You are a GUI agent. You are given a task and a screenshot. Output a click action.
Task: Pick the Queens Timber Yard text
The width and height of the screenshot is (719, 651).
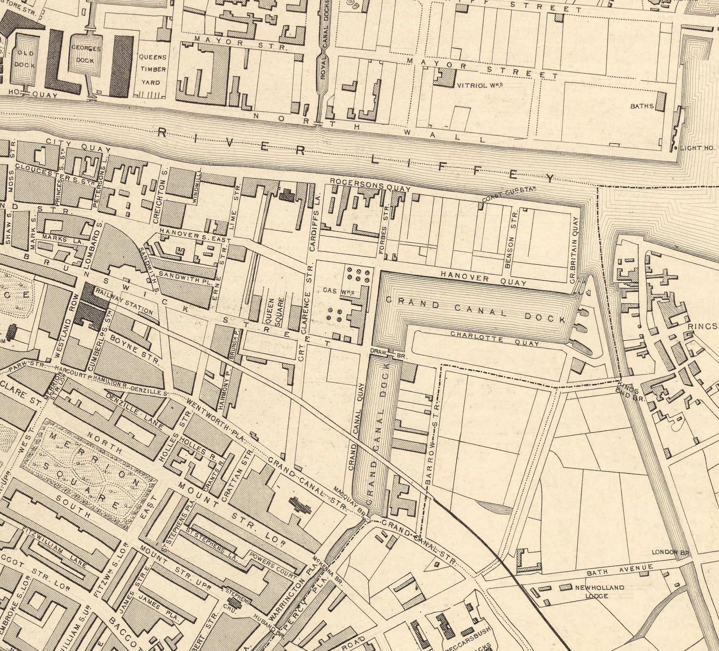point(152,69)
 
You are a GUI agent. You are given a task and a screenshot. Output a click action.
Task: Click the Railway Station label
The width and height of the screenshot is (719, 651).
point(124,301)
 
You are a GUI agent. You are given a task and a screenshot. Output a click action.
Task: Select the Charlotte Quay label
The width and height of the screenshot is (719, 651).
point(494,338)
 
